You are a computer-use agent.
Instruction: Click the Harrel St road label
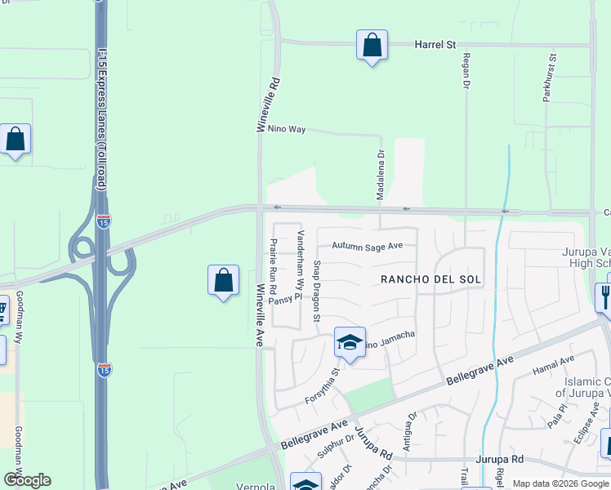[435, 44]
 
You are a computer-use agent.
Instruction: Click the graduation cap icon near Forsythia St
[350, 343]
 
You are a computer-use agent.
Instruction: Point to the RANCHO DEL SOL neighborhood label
[431, 279]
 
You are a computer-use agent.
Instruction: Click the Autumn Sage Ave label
[368, 245]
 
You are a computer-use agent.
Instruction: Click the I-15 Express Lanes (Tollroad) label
[101, 122]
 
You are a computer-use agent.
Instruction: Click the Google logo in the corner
[27, 480]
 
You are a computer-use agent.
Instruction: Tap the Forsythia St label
[322, 387]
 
